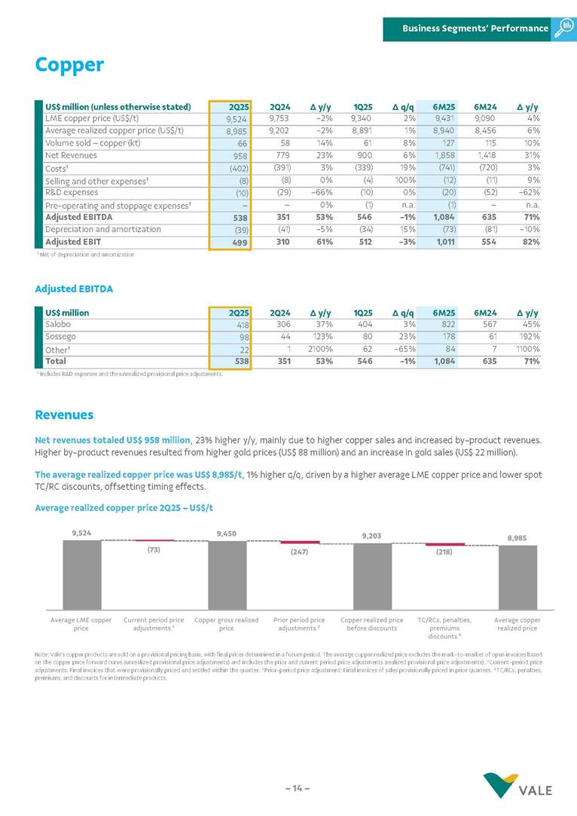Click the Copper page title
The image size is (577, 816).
coord(69,66)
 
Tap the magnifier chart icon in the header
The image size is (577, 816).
coord(564,28)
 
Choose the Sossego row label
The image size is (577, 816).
coord(61,336)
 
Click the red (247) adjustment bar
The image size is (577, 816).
coord(299,542)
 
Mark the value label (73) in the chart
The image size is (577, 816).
coord(154,549)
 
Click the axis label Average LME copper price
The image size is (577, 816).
coord(81,624)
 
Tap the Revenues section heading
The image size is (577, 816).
coord(65,415)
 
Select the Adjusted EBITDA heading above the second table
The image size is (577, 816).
coord(74,288)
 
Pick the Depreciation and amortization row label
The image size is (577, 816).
coord(102,229)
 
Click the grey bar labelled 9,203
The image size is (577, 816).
coord(372,576)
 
